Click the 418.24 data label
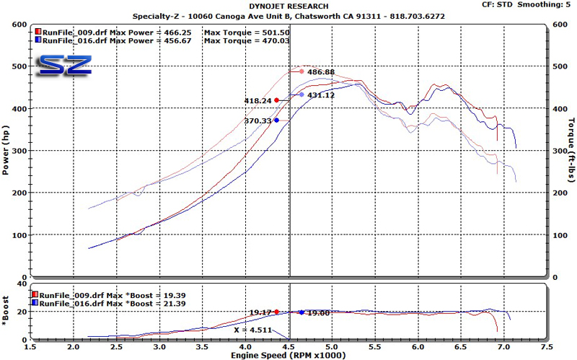[258, 101]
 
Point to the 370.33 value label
[258, 121]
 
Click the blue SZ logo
[65, 65]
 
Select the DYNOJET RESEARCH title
[288, 6]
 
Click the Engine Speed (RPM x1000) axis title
[288, 355]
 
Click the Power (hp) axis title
[6, 150]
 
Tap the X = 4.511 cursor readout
[253, 330]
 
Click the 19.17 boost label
[260, 312]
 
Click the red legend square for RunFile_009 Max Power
[38, 32]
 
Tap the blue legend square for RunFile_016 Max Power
[38, 42]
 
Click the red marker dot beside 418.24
[276, 100]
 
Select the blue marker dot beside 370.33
[276, 120]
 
